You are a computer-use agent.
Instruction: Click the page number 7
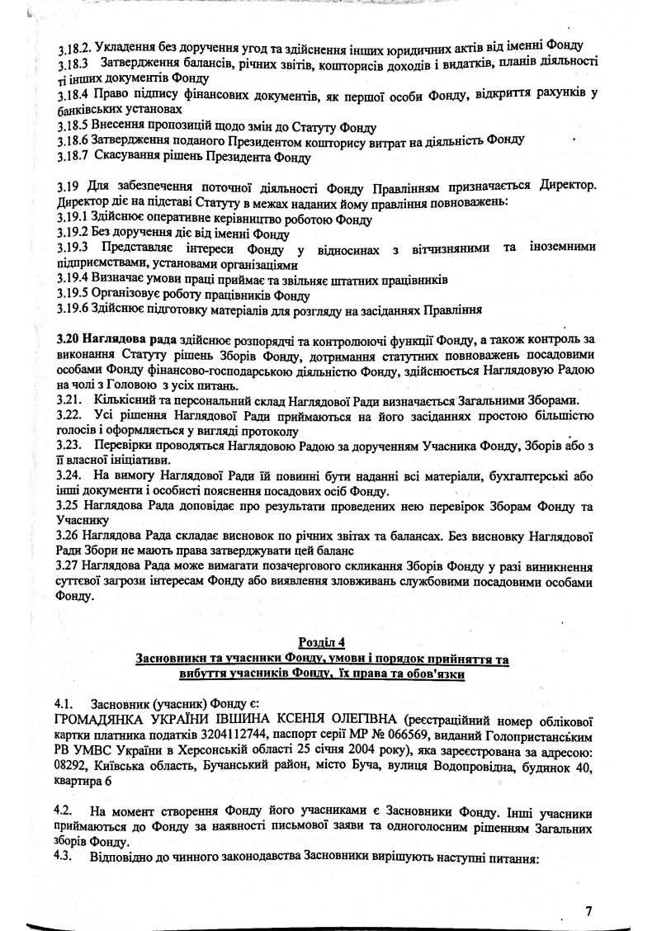click(x=588, y=910)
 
